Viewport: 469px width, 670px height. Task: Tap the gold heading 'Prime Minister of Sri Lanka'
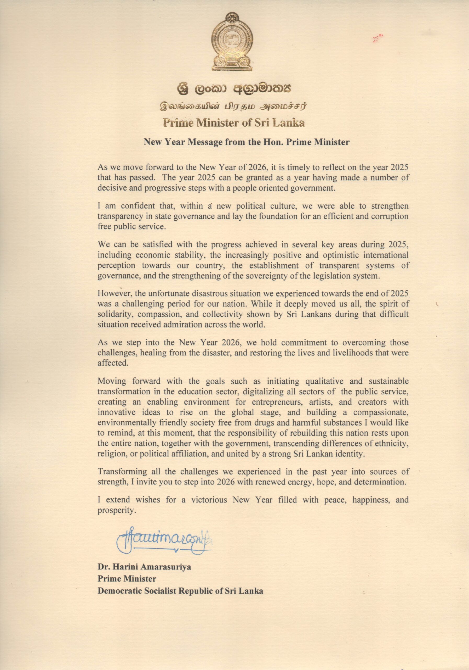click(x=234, y=123)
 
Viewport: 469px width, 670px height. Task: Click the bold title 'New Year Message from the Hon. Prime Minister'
click(x=247, y=142)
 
